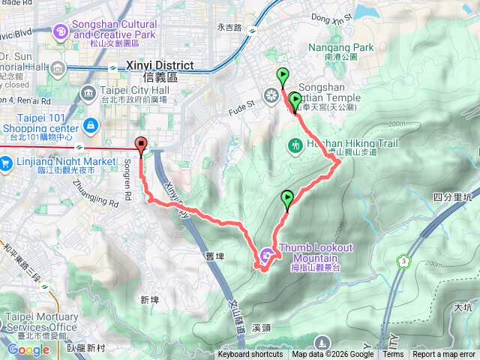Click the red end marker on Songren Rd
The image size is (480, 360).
point(141,145)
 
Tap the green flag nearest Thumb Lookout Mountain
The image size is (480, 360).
point(287,199)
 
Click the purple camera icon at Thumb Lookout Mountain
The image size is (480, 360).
point(267,257)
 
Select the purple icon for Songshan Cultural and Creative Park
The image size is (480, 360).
point(61,32)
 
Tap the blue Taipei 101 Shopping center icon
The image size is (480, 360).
point(91,124)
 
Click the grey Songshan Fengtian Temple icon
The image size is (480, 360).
point(271,95)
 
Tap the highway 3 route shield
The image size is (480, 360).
point(405,261)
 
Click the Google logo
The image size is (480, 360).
point(28,349)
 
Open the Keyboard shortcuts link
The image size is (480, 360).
point(250,355)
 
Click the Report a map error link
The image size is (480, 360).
point(443,355)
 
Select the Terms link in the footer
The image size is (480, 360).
point(393,355)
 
